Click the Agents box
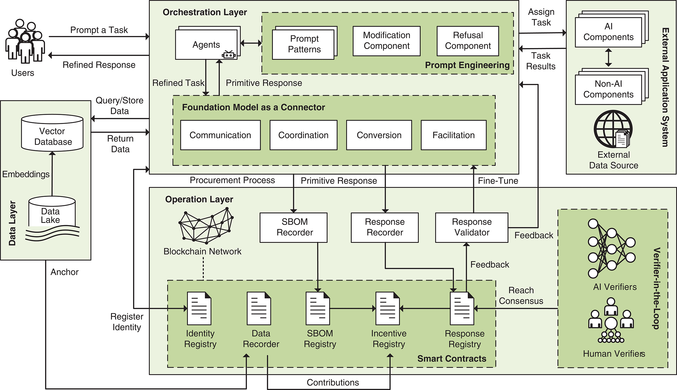206,45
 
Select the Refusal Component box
468,41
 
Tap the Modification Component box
386,41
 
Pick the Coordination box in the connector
303,135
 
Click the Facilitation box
454,135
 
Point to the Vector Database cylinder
53,133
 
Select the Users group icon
25,42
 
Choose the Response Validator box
472,227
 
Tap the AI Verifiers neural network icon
611,249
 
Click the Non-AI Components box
609,89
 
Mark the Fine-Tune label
498,181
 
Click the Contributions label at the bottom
333,383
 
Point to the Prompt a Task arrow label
99,30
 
